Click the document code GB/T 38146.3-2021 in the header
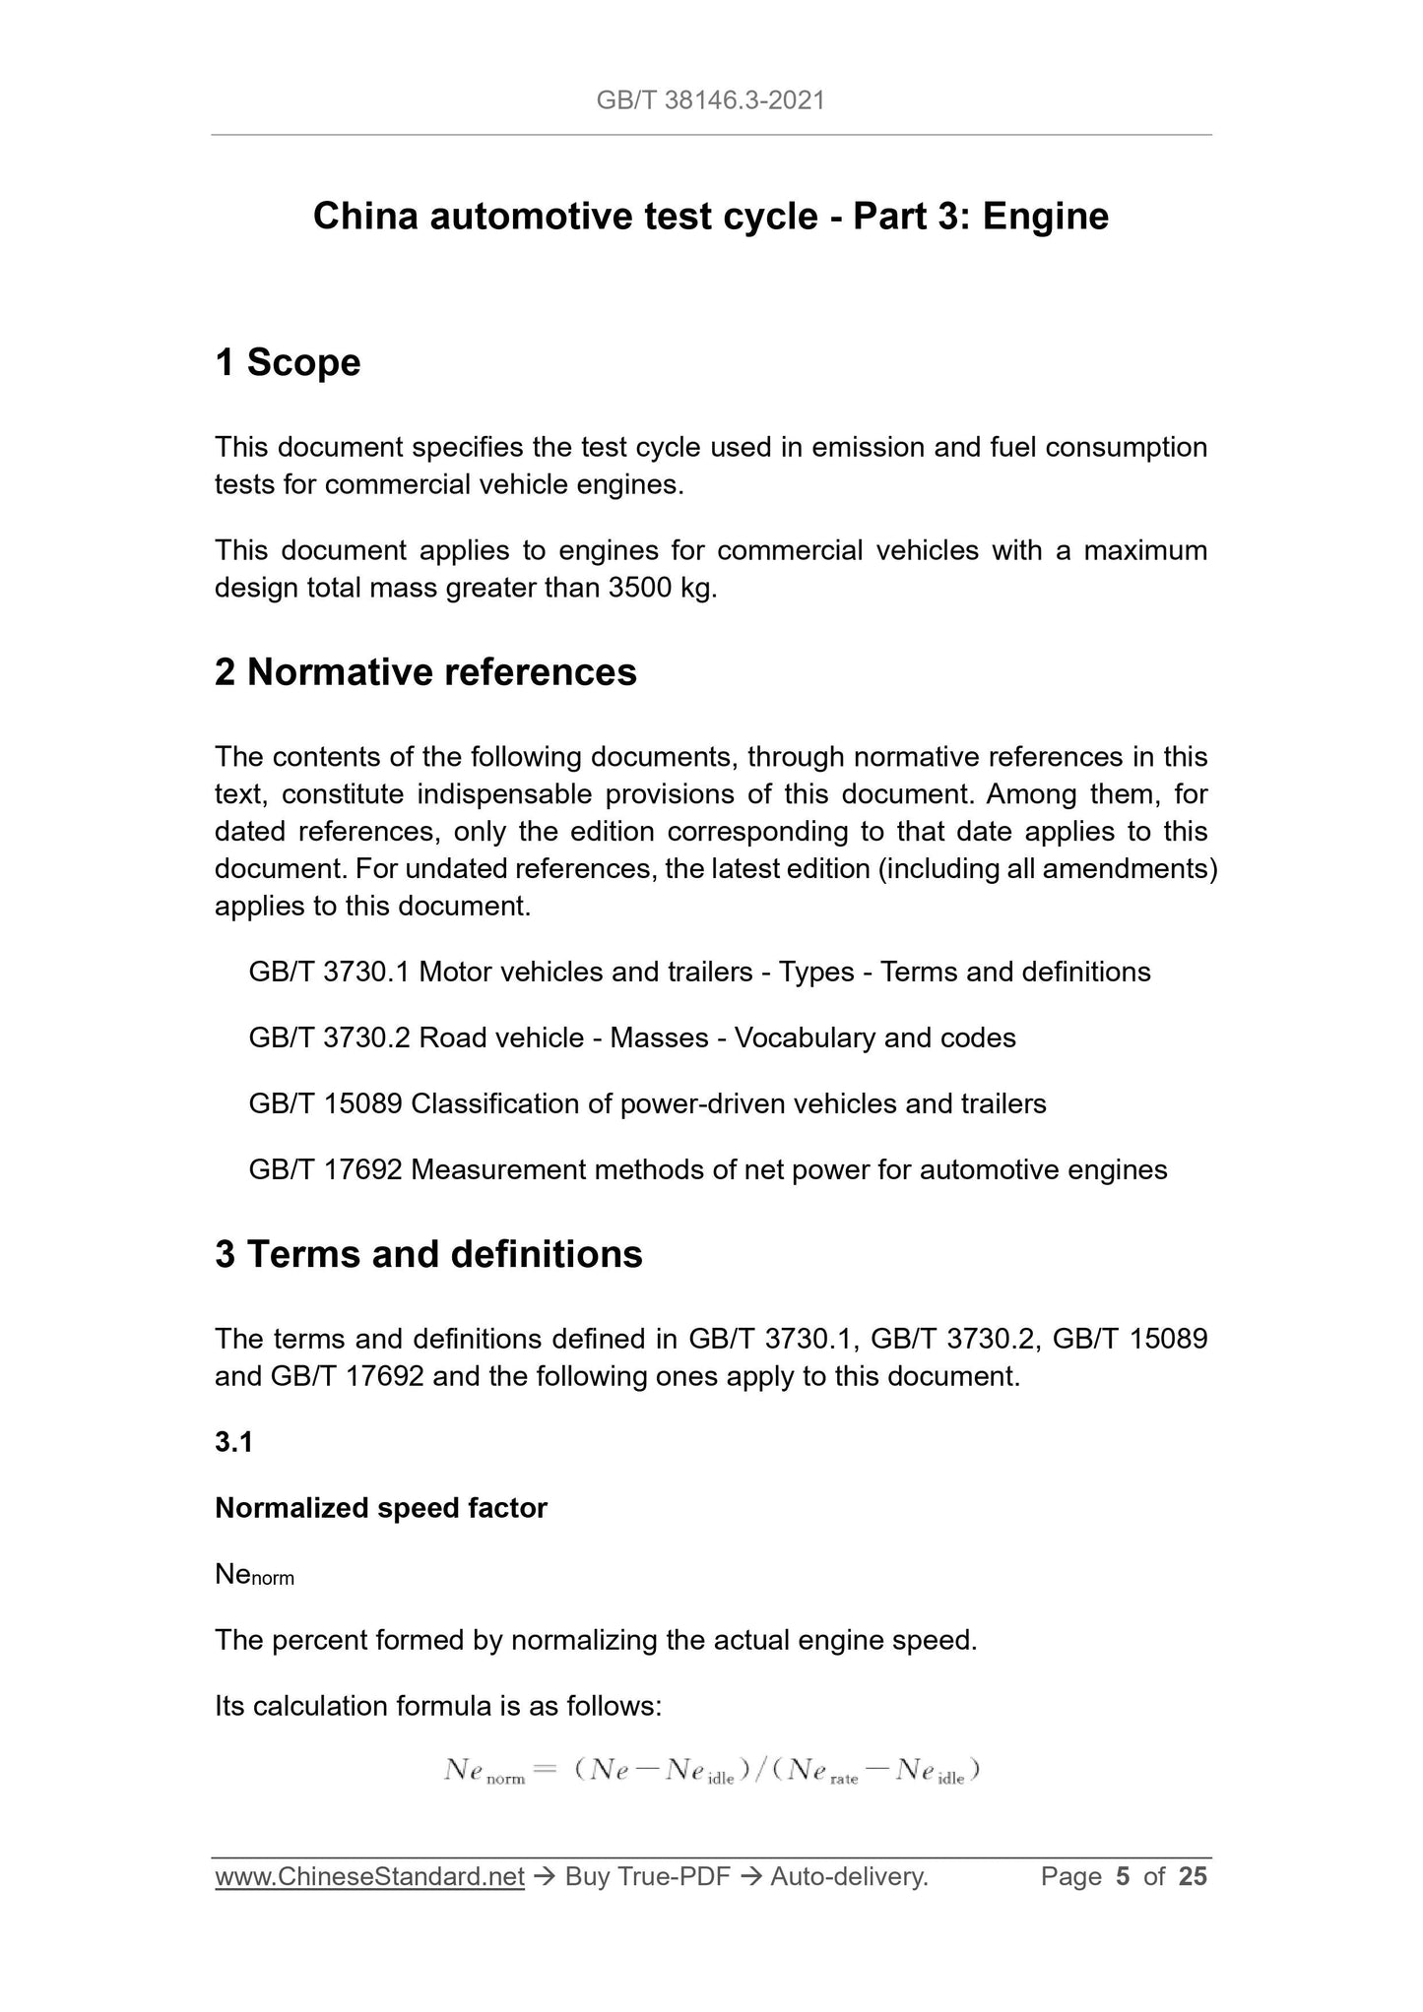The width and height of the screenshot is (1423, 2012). click(710, 100)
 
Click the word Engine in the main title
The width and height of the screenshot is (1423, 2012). click(1046, 217)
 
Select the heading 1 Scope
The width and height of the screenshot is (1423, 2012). click(288, 363)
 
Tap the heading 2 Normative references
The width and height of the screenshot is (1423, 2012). click(425, 673)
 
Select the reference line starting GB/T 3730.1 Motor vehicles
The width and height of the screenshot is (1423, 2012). click(699, 973)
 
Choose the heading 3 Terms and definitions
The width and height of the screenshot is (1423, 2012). click(428, 1255)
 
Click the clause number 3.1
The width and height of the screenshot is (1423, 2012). click(233, 1442)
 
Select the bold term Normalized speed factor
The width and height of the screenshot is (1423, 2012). click(380, 1508)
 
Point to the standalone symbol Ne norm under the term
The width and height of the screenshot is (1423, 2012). click(254, 1576)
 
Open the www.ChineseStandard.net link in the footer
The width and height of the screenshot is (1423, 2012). click(369, 1878)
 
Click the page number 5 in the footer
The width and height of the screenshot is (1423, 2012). click(1123, 1878)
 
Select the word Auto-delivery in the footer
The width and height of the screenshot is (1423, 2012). click(849, 1878)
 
